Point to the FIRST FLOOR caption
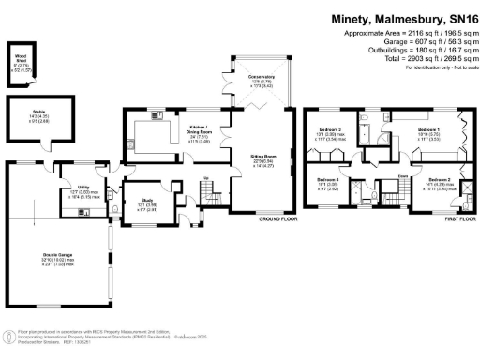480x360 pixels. [x=456, y=217]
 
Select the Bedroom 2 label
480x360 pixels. [x=440, y=178]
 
